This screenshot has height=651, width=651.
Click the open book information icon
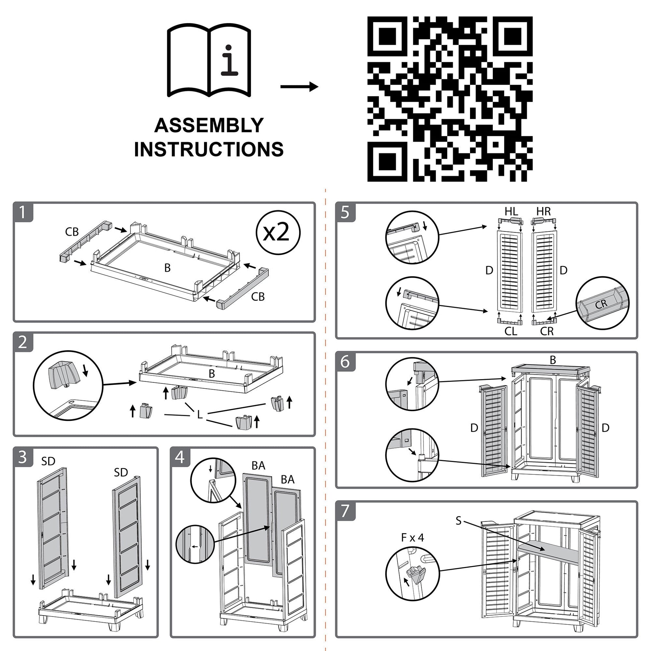pos(209,61)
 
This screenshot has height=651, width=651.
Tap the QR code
pos(450,99)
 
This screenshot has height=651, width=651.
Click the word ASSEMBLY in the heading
pos(209,125)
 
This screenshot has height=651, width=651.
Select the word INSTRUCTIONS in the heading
pos(209,149)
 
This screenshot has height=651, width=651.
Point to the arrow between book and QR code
pos(299,87)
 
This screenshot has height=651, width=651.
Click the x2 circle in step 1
pos(278,232)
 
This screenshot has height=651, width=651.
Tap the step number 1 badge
pos(23,212)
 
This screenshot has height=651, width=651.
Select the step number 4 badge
pos(180,457)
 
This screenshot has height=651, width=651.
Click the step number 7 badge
pos(345,511)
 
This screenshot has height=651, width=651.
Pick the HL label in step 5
pos(511,212)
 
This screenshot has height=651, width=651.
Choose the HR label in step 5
pos(543,212)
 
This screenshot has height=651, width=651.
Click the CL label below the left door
pos(511,332)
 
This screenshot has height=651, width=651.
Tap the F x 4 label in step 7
pos(412,538)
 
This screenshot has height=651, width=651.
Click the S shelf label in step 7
pos(458,521)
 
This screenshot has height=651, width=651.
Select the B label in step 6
pos(553,360)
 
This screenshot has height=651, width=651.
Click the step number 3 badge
pos(23,457)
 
